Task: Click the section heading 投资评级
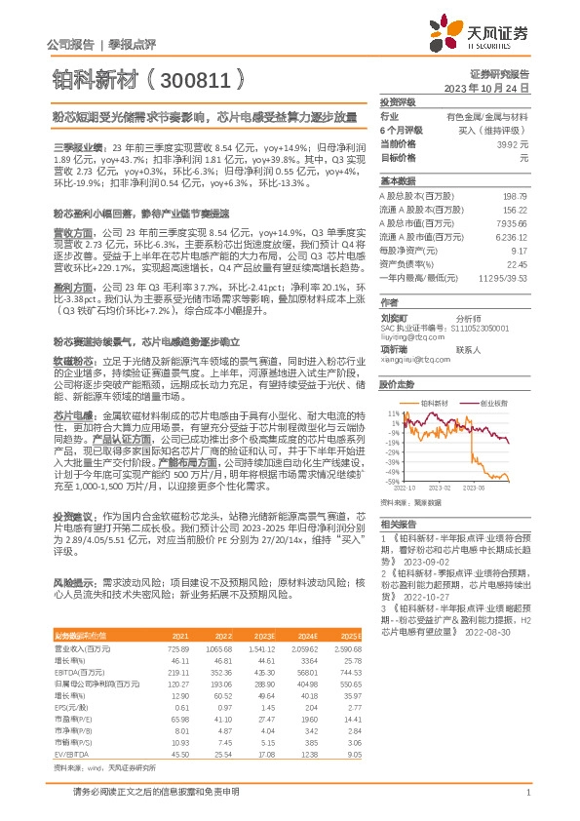click(398, 102)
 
